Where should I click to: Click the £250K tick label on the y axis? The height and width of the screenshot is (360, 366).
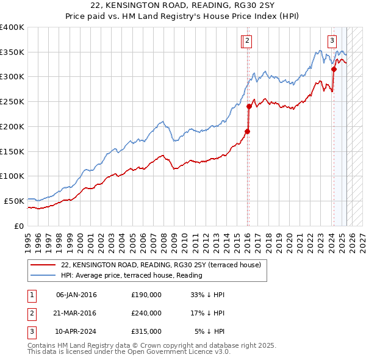click(x=12, y=102)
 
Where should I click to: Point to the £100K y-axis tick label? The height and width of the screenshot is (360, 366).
click(x=12, y=176)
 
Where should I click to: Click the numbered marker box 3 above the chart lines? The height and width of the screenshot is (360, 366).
click(x=332, y=41)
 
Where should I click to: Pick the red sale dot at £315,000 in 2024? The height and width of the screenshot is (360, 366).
click(x=334, y=70)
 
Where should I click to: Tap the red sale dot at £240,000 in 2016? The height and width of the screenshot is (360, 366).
click(x=249, y=106)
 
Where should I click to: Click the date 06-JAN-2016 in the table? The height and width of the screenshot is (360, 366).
click(x=76, y=295)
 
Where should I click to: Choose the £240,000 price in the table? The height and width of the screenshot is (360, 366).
click(x=146, y=313)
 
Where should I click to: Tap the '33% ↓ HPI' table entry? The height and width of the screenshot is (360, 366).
click(x=208, y=295)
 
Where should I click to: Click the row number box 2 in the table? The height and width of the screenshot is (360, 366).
click(x=31, y=313)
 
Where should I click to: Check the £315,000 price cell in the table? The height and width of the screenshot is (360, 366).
click(x=146, y=331)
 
